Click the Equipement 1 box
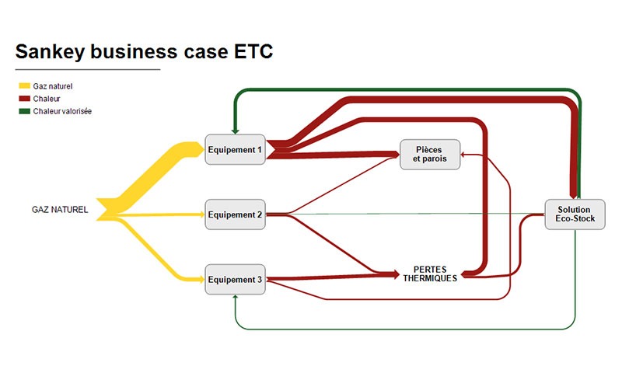point(236,149)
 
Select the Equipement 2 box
point(236,214)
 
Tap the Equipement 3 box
point(236,280)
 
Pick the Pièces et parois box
point(430,155)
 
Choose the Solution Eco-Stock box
point(575,214)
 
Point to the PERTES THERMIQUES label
point(430,274)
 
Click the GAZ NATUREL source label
point(60,210)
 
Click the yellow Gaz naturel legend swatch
point(25,85)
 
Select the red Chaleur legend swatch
point(25,99)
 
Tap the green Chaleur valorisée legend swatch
point(25,111)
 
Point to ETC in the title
point(253,51)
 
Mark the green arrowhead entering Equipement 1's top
point(236,131)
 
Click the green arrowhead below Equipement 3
point(236,298)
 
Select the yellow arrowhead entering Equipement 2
point(201,214)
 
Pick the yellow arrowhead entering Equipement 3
point(201,280)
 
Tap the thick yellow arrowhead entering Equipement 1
point(200,149)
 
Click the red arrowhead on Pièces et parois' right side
point(463,155)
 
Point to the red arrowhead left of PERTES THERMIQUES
point(396,274)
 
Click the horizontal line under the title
point(88,69)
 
